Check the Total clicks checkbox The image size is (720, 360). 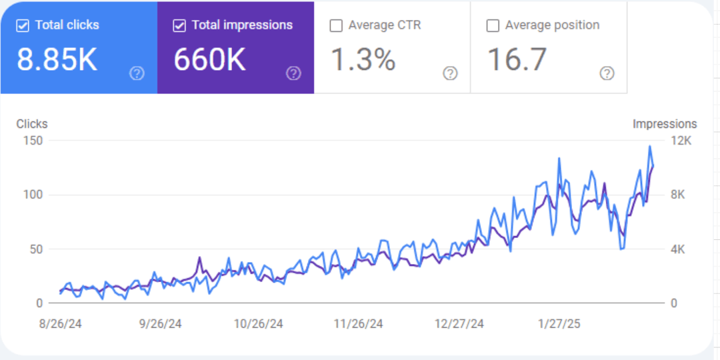click(x=23, y=25)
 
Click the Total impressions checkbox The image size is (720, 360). click(x=179, y=25)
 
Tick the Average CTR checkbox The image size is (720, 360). click(x=336, y=26)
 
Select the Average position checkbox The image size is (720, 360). click(x=493, y=26)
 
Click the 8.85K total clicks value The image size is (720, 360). click(x=57, y=60)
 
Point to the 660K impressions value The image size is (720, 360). click(x=209, y=60)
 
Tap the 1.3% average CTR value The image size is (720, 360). click(x=363, y=60)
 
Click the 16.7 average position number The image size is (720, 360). click(x=517, y=60)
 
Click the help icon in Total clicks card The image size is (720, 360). click(x=137, y=73)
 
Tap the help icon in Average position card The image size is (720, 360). click(x=607, y=73)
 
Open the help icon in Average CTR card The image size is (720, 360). click(x=451, y=73)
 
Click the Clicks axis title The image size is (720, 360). click(x=32, y=124)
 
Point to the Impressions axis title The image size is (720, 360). click(x=665, y=124)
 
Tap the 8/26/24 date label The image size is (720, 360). click(x=60, y=324)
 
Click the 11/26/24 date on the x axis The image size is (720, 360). click(x=358, y=324)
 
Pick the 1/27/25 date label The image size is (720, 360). click(x=559, y=324)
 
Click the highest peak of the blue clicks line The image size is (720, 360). click(x=649, y=147)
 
